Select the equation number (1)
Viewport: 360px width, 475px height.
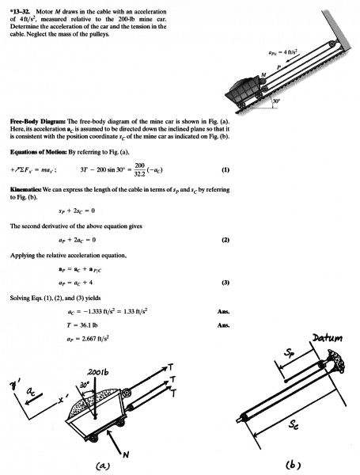point(225,169)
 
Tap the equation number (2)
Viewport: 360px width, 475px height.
point(225,240)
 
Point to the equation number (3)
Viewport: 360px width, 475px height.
point(225,283)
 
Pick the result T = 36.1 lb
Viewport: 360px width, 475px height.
point(82,325)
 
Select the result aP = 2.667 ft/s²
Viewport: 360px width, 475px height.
point(86,339)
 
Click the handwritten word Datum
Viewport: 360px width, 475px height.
point(327,337)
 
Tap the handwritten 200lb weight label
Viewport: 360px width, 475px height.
point(98,372)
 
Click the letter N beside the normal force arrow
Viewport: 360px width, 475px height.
point(127,454)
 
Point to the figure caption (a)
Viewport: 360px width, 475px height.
point(103,465)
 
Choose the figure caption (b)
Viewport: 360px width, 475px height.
point(293,464)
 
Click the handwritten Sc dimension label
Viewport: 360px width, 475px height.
point(293,425)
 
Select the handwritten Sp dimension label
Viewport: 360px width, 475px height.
point(289,352)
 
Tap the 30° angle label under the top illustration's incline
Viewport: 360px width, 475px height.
point(276,101)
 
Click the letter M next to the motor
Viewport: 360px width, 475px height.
point(263,74)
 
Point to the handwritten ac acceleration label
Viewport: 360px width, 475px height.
point(30,393)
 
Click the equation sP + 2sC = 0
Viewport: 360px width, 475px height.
point(77,211)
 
